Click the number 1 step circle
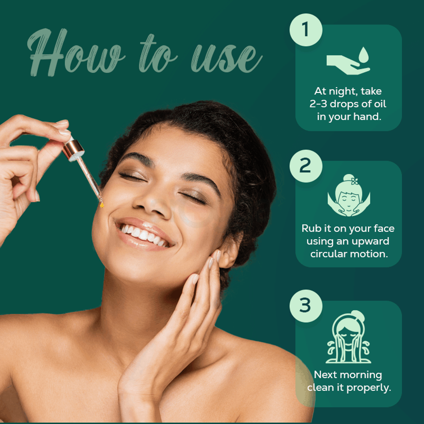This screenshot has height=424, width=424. [x=306, y=30]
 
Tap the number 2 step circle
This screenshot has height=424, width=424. [x=306, y=166]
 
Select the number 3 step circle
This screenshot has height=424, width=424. [x=306, y=306]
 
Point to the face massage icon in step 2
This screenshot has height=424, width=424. [x=349, y=195]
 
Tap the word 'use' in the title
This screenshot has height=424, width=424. [x=226, y=58]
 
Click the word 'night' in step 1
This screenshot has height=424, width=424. [x=341, y=92]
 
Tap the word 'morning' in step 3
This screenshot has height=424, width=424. [x=361, y=375]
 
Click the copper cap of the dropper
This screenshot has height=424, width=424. [x=73, y=149]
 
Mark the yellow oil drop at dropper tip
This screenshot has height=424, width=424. [x=102, y=205]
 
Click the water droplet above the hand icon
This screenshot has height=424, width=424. [x=364, y=55]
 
